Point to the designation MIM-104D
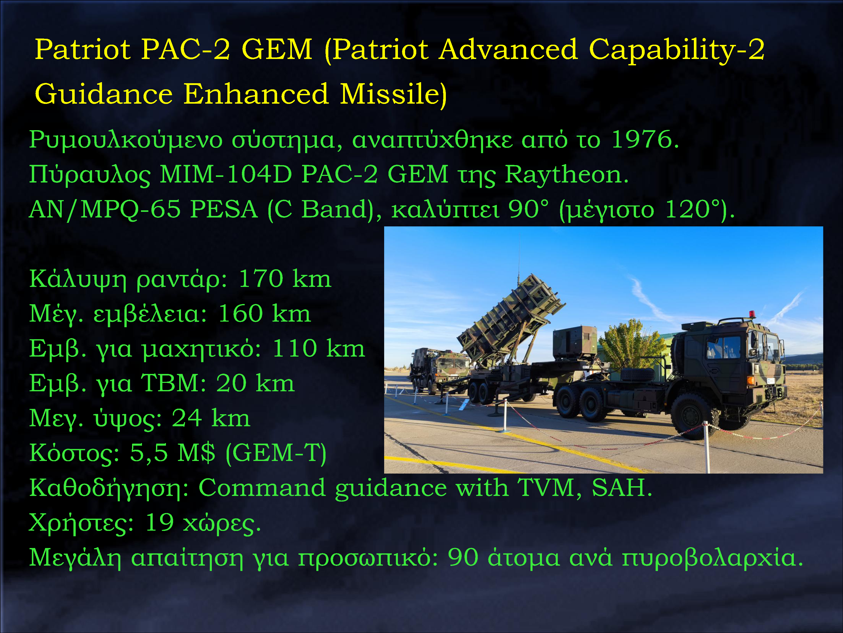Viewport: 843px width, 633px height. tap(226, 175)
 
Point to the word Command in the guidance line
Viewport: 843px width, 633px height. tap(262, 488)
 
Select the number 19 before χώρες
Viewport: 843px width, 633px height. tap(159, 523)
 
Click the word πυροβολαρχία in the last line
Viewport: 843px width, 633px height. tap(712, 558)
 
